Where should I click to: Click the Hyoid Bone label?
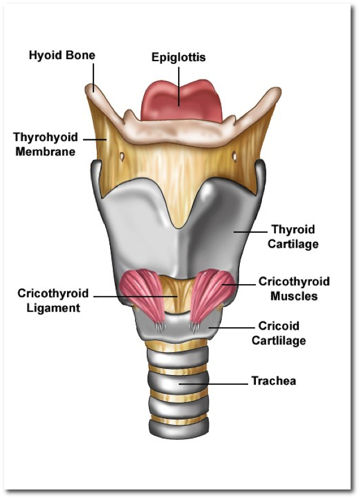pyautogui.click(x=62, y=56)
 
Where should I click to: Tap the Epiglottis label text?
pyautogui.click(x=178, y=58)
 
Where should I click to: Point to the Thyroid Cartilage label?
pyautogui.click(x=292, y=236)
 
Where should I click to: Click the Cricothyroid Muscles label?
pyautogui.click(x=293, y=288)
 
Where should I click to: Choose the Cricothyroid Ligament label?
pyautogui.click(x=53, y=300)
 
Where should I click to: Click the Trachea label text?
pyautogui.click(x=273, y=381)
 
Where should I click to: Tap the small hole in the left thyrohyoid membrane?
pyautogui.click(x=122, y=157)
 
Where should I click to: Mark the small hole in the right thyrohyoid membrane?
pyautogui.click(x=234, y=157)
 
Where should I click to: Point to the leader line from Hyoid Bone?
pyautogui.click(x=94, y=77)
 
